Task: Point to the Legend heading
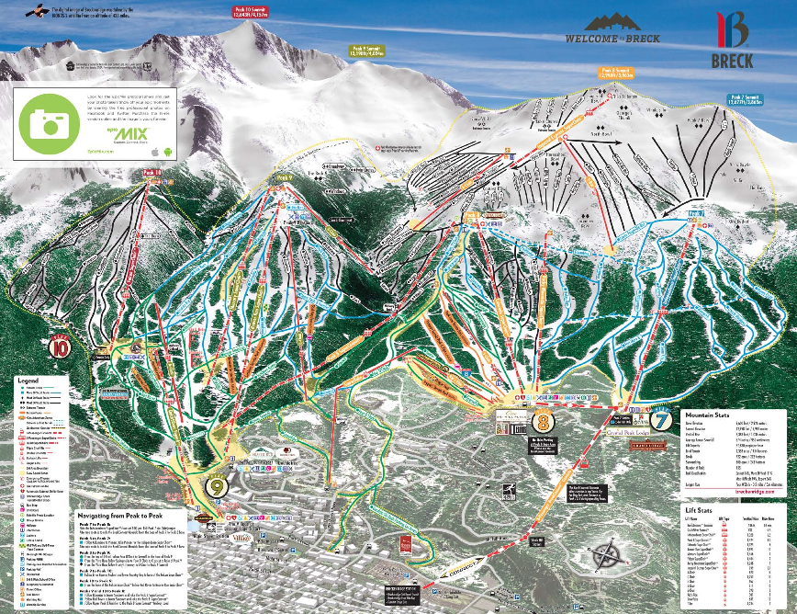click(x=27, y=379)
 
